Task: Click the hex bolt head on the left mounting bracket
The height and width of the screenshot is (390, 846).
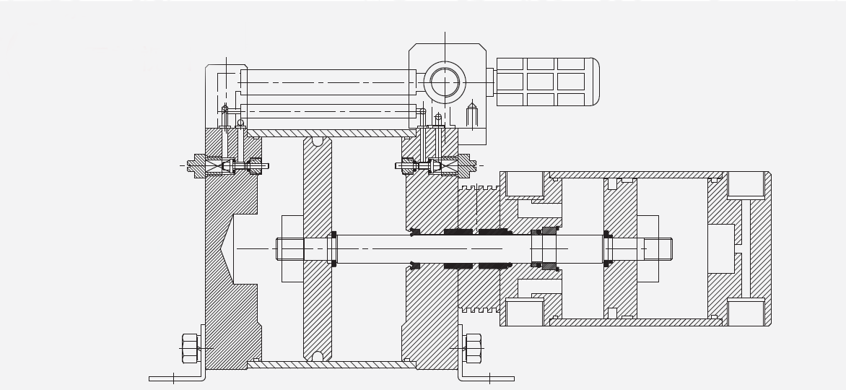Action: click(191, 348)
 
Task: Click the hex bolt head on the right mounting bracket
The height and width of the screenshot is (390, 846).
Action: click(474, 348)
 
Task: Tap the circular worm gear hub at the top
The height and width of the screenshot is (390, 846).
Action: click(445, 82)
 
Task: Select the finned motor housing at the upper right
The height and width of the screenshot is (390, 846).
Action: click(546, 82)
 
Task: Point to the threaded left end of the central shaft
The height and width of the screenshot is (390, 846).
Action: click(290, 249)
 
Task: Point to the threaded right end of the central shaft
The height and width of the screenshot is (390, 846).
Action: click(658, 249)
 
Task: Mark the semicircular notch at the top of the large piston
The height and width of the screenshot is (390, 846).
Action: click(318, 141)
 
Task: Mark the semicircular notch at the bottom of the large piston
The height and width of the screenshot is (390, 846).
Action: click(318, 356)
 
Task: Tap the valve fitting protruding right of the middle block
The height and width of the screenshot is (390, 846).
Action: click(464, 166)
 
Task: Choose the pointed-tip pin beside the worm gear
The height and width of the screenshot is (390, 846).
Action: click(472, 116)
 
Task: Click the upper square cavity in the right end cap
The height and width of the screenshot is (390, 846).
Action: click(746, 183)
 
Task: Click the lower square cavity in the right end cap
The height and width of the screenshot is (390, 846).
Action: click(746, 313)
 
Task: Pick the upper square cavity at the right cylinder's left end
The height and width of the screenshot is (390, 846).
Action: click(524, 183)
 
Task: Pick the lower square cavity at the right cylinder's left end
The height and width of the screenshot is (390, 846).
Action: click(524, 313)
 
